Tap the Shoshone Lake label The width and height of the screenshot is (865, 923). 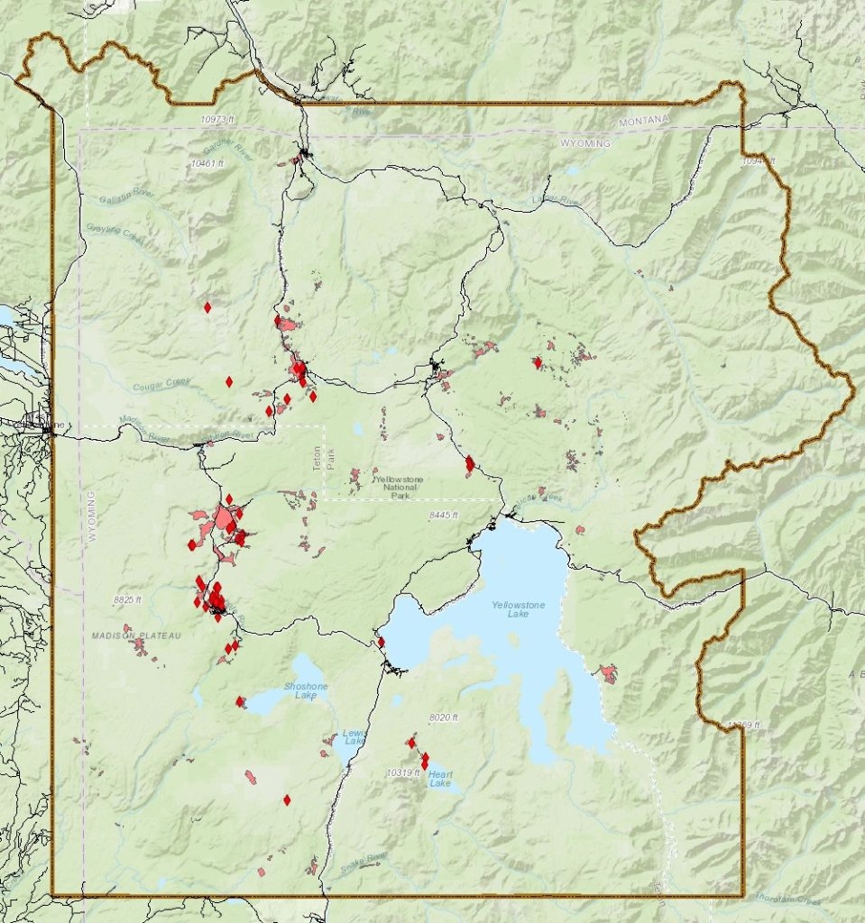[306, 690]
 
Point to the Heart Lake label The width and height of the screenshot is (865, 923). [440, 778]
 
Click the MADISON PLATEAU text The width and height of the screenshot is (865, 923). [136, 635]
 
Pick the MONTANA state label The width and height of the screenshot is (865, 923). [644, 121]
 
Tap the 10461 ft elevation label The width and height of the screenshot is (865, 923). [207, 163]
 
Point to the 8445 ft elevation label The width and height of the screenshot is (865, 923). [443, 515]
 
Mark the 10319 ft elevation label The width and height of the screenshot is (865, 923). [403, 772]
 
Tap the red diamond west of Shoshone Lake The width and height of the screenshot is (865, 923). [240, 701]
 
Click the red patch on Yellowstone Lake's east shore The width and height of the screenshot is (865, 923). [608, 672]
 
